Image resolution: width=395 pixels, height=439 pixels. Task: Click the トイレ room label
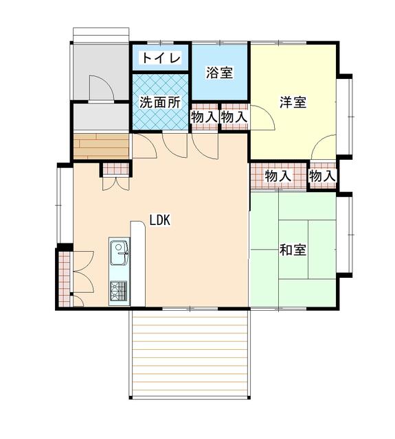pyautogui.click(x=161, y=58)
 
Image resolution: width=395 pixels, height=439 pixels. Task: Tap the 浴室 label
pyautogui.click(x=220, y=73)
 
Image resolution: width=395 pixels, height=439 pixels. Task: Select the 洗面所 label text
pyautogui.click(x=160, y=102)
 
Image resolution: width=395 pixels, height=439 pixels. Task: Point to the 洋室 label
pyautogui.click(x=293, y=102)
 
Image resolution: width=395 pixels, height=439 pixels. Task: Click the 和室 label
pyautogui.click(x=293, y=250)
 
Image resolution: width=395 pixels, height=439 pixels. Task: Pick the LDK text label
pyautogui.click(x=160, y=220)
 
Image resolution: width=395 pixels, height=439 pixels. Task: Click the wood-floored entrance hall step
pyautogui.click(x=101, y=146)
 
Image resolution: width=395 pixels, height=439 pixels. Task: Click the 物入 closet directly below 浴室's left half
pyautogui.click(x=205, y=117)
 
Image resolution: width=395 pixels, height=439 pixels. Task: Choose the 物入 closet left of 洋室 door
pyautogui.click(x=235, y=117)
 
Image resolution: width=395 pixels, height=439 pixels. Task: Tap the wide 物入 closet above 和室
pyautogui.click(x=278, y=176)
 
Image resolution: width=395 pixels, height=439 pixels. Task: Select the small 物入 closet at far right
pyautogui.click(x=322, y=176)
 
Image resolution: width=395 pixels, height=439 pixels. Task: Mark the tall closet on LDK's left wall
pyautogui.click(x=64, y=279)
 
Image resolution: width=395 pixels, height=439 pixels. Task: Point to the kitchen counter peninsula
pyautogui.click(x=137, y=263)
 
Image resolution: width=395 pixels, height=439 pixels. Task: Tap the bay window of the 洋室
pyautogui.click(x=344, y=117)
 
